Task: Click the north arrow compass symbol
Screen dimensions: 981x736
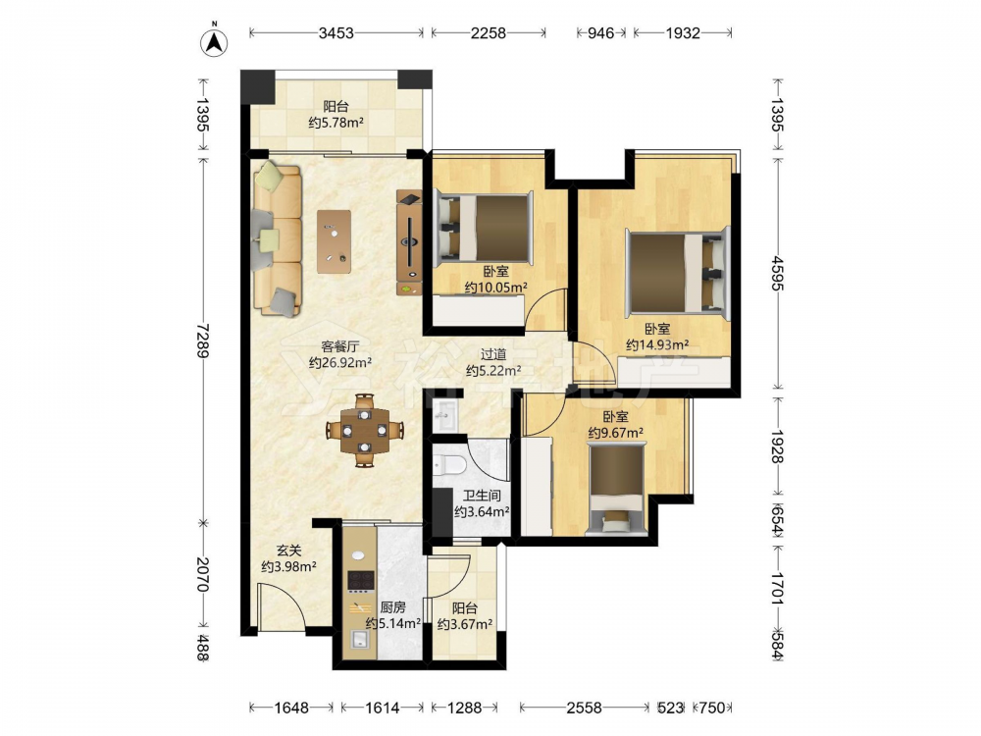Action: point(214,42)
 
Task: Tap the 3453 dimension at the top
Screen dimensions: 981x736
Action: point(336,33)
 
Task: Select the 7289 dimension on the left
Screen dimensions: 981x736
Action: point(201,341)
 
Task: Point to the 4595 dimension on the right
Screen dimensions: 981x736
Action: point(777,274)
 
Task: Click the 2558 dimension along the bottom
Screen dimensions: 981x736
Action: point(584,708)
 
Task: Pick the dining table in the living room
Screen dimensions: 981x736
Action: point(364,431)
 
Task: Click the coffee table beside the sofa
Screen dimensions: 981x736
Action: point(334,241)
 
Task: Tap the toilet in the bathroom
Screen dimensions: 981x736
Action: point(448,464)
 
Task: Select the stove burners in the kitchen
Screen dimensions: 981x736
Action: point(360,581)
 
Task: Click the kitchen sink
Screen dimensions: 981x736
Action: point(360,639)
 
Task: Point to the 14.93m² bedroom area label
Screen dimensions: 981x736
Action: point(657,338)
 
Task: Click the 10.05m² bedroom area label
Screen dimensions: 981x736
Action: point(495,280)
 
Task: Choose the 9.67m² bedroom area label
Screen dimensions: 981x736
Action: point(616,425)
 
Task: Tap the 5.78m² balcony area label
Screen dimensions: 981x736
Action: point(336,115)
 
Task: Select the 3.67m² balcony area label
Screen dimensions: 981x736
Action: point(465,616)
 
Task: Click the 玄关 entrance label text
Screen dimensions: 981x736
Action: point(289,551)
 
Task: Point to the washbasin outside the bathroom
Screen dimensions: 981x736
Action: point(444,414)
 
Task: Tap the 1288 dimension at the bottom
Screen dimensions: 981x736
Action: point(464,708)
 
